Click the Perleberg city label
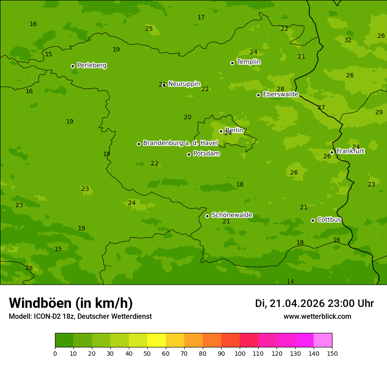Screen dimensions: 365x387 [x=91, y=66]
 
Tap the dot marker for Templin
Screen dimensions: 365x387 [x=232, y=63]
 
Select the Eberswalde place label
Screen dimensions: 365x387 [x=281, y=95]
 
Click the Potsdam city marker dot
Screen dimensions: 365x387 [x=189, y=154]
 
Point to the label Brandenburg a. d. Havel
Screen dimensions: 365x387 [x=180, y=143]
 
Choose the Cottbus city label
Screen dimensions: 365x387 [x=329, y=220]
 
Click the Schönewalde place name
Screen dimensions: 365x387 [x=232, y=215]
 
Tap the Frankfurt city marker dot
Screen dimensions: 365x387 [x=332, y=152]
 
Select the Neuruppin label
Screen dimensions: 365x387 [x=184, y=84]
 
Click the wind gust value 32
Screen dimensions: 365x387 [x=348, y=40]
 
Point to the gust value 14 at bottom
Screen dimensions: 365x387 [x=290, y=281]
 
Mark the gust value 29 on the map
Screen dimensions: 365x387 [x=379, y=112]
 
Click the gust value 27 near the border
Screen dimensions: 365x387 [x=321, y=107]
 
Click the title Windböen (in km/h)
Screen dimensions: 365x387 [x=71, y=303]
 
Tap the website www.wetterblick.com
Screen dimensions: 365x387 [x=317, y=317]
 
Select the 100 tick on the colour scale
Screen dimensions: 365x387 [x=240, y=353]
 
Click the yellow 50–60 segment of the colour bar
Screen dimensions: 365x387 [x=157, y=340]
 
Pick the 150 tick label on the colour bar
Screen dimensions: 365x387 [x=332, y=353]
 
